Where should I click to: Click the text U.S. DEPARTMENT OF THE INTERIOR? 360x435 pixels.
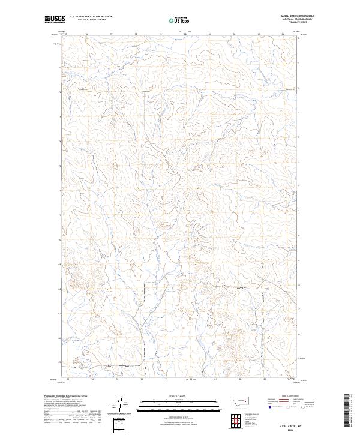pyautogui.click(x=91, y=16)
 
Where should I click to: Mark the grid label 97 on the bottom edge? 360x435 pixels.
pyautogui.click(x=118, y=379)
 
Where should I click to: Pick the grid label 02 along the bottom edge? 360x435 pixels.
pyautogui.click(x=241, y=379)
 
